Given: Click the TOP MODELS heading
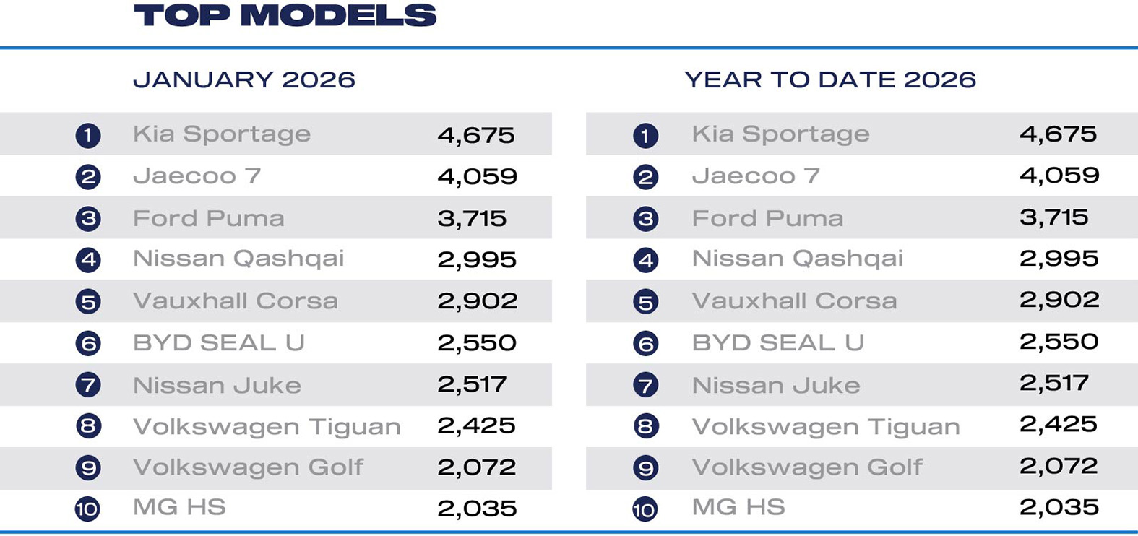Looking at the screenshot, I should tap(285, 16).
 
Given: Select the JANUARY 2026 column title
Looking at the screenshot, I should tap(244, 79).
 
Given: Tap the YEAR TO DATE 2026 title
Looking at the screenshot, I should tap(830, 79).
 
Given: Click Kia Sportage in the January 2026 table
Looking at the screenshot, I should tap(222, 134).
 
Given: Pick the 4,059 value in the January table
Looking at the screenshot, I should tap(477, 176).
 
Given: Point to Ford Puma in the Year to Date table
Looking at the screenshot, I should tap(767, 218).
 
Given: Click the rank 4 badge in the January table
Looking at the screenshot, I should tap(88, 260).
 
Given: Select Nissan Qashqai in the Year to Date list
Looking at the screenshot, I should tap(797, 259).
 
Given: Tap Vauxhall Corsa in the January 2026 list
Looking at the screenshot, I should tap(236, 301).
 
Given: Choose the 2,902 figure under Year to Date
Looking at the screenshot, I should tap(1059, 300).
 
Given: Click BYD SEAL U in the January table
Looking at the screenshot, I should tap(219, 342).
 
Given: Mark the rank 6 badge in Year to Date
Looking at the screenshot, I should tap(645, 344).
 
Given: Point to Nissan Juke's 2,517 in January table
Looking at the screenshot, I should tap(472, 384).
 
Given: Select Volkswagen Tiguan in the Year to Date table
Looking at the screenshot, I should tap(826, 427).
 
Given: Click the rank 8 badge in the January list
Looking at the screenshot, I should tap(88, 426).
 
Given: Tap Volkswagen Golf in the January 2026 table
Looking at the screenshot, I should tap(248, 467).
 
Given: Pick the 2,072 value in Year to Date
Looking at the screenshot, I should tap(1059, 466).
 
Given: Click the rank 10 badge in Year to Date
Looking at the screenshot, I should tap(645, 509).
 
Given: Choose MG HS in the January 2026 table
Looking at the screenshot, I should tap(179, 507).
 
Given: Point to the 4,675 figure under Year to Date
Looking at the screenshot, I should tap(1058, 134).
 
